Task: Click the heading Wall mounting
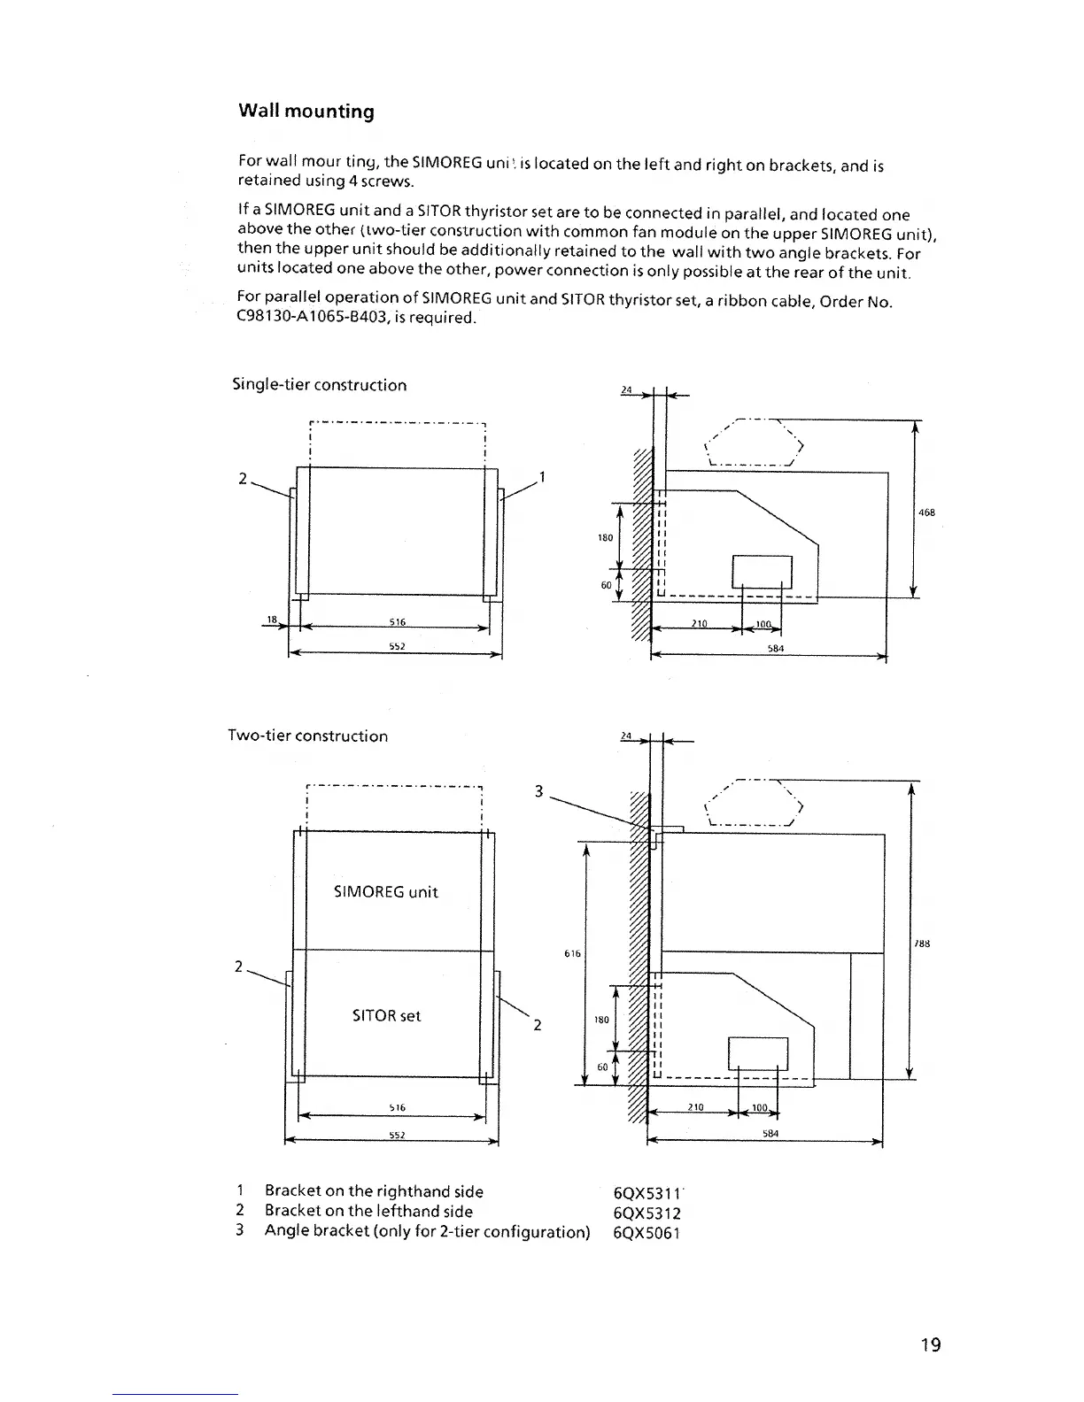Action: point(306,112)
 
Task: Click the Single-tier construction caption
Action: point(319,385)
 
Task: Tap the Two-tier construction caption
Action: point(307,736)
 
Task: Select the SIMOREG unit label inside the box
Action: point(385,892)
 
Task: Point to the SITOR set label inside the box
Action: point(386,1016)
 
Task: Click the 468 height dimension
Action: point(927,512)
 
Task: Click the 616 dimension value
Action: point(572,953)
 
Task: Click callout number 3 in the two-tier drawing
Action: point(538,791)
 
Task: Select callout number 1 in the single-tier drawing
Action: point(542,479)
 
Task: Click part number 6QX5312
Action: point(647,1213)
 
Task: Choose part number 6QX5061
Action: point(647,1232)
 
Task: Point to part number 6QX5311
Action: point(647,1193)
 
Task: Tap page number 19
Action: point(930,1345)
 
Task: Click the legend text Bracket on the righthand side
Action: point(374,1191)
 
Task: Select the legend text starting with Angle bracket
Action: point(427,1231)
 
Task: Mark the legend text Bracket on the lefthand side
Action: point(368,1211)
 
